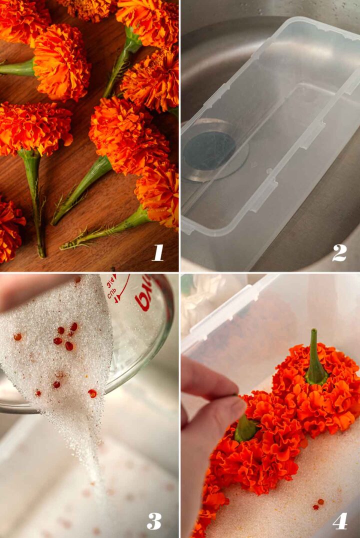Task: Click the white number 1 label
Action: [158, 252]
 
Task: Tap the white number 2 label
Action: [339, 252]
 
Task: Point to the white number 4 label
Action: [339, 520]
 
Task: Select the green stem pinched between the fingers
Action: [245, 428]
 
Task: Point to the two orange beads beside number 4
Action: [318, 503]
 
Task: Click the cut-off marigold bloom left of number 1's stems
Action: [10, 227]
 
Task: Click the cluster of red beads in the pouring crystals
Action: [65, 337]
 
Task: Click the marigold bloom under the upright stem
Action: [320, 395]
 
